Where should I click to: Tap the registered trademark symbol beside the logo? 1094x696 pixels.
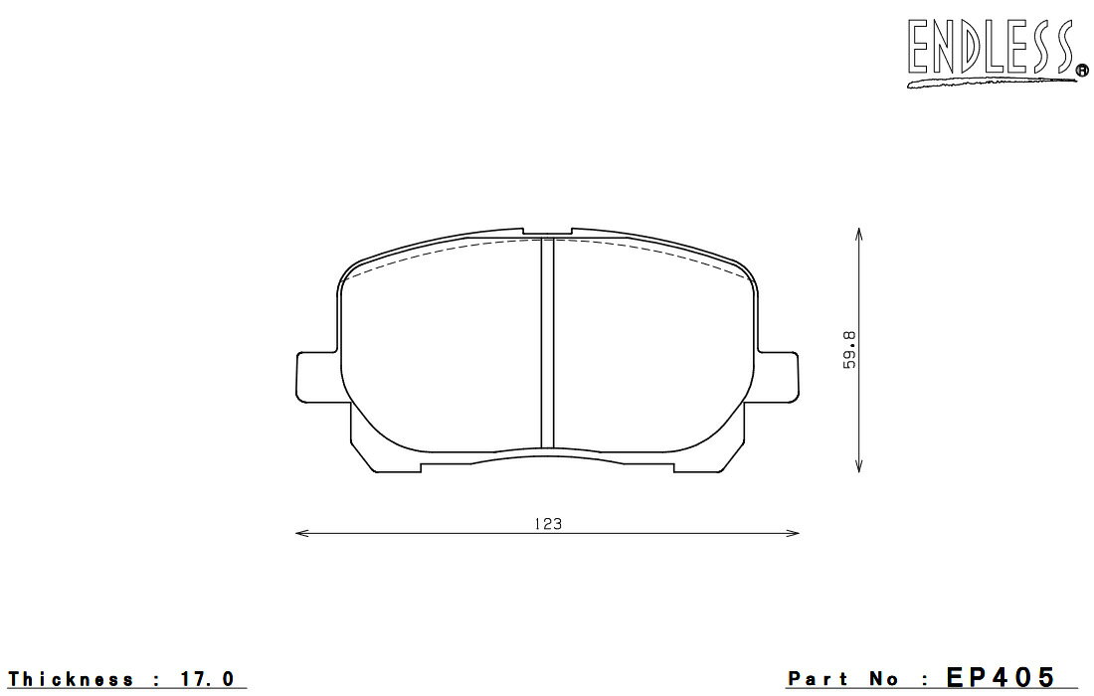[x=1083, y=70]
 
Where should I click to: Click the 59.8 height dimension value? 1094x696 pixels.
[x=849, y=350]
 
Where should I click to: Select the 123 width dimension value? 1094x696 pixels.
[x=548, y=524]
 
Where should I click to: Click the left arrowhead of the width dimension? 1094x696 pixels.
[x=302, y=534]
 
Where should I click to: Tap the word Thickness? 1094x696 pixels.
[x=72, y=678]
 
